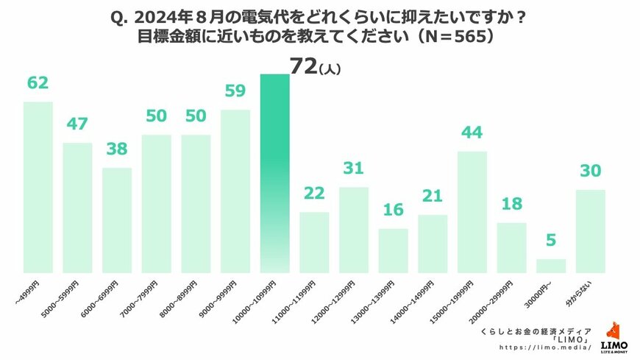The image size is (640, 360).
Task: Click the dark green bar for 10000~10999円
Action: point(274,173)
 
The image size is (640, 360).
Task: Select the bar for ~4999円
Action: point(38,187)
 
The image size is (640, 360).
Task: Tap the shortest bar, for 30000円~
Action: point(551,266)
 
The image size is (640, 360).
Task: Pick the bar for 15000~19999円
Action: point(472,212)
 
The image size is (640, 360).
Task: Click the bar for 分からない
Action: point(590,231)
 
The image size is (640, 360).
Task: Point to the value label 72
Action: point(303,66)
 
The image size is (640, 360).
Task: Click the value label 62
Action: point(38,83)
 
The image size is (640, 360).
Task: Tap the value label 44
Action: point(472,133)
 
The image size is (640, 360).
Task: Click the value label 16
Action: point(394,211)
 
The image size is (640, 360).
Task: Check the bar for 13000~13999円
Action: point(394,251)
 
